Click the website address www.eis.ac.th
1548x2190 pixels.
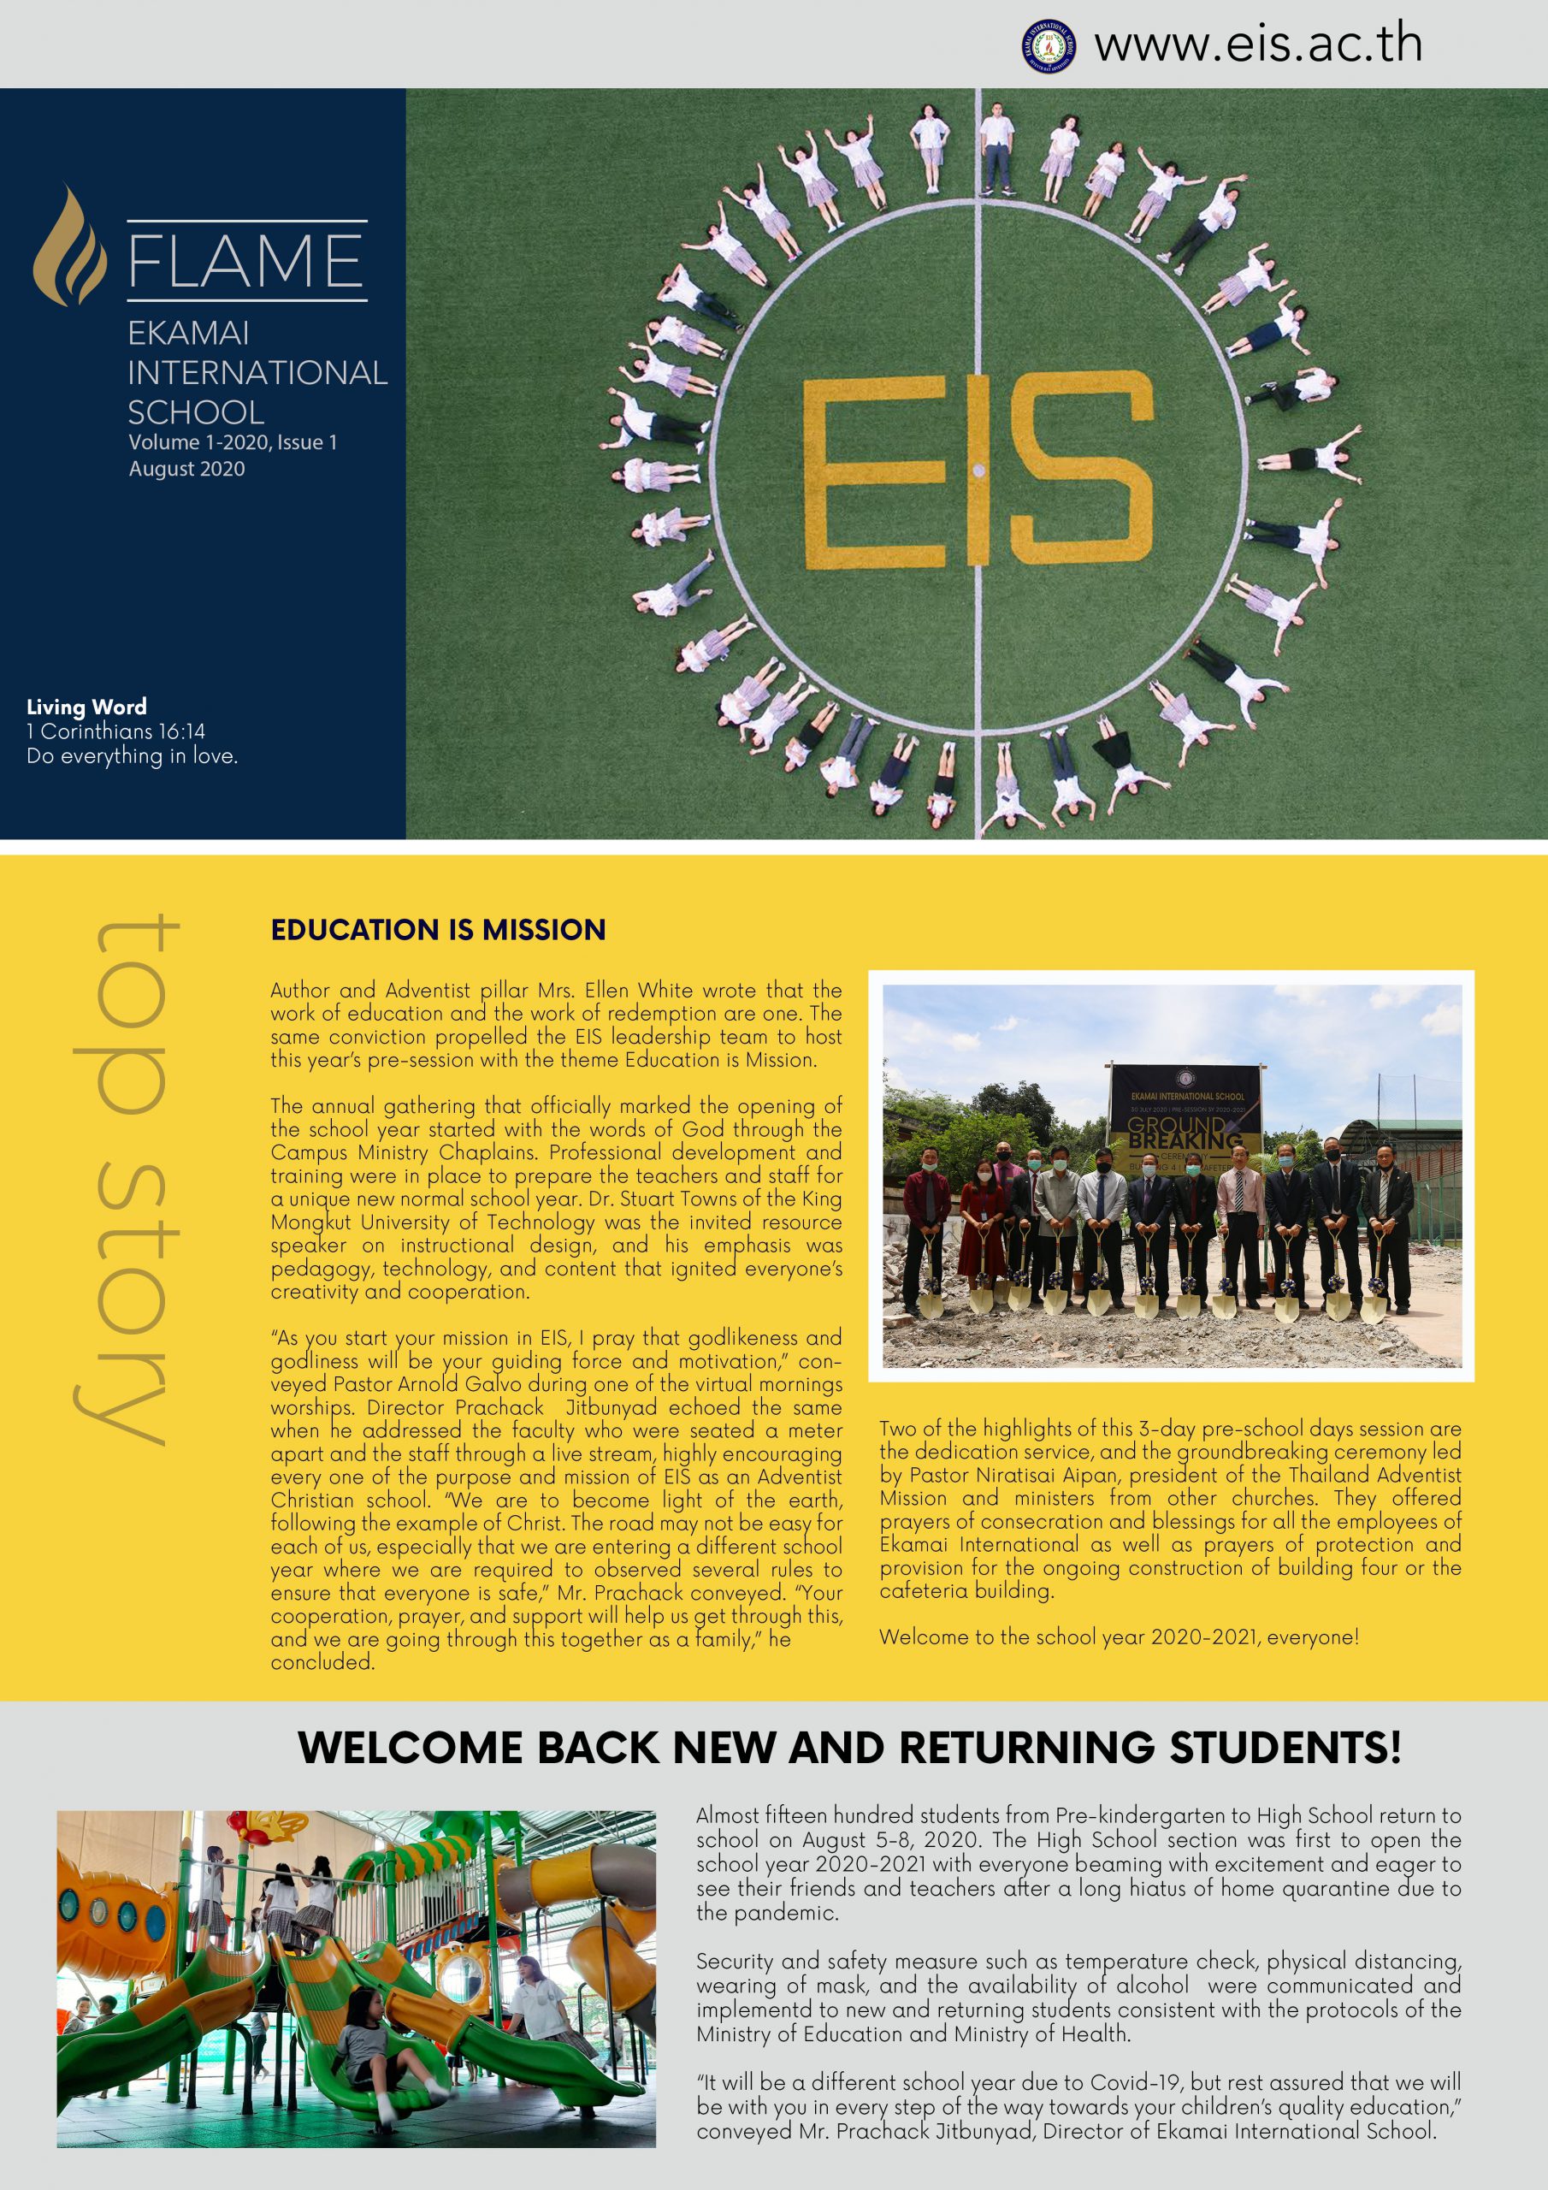pos(1257,44)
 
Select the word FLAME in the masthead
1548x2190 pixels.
pos(246,260)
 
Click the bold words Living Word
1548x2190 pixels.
pos(86,707)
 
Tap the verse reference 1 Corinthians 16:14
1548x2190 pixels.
pos(115,731)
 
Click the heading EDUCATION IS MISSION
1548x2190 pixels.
pos(438,930)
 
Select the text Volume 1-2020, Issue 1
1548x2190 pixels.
pos(233,442)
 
